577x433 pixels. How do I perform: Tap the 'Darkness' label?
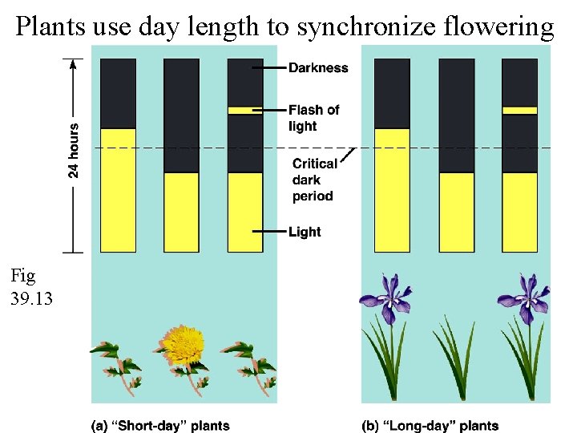(318, 68)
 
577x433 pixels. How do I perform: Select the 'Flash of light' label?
(313, 118)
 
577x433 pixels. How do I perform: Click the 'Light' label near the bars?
(305, 232)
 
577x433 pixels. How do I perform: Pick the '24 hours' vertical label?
(74, 150)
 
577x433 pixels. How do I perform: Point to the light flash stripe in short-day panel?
(245, 111)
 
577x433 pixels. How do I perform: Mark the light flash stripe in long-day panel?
(519, 111)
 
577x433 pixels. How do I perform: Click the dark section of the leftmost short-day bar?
(118, 92)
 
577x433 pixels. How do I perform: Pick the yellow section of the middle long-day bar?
(456, 212)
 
